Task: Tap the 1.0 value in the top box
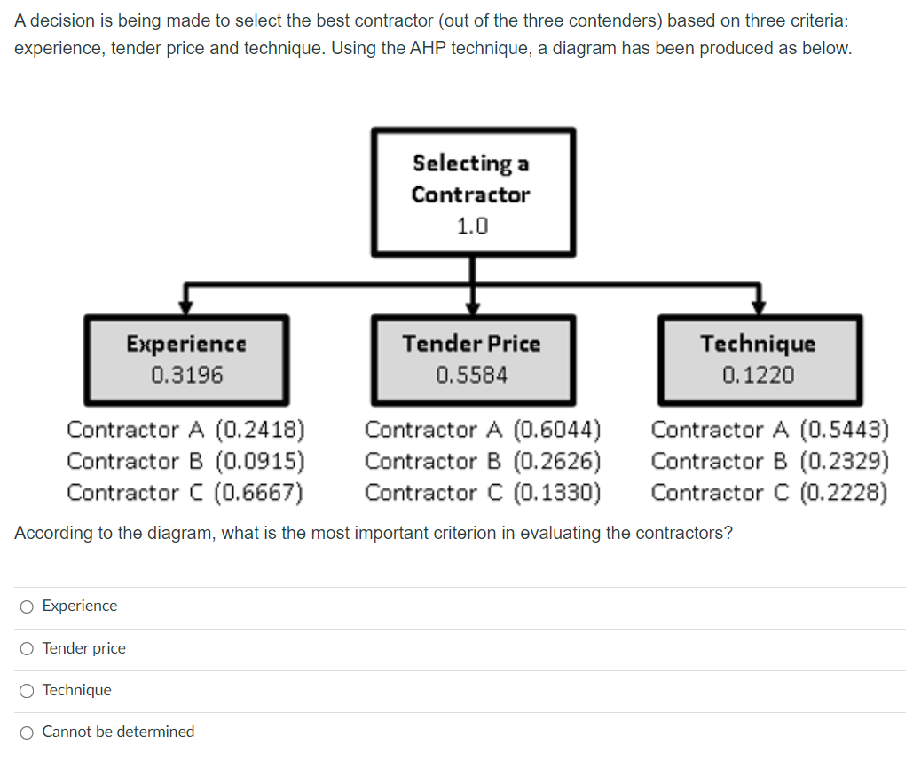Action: pyautogui.click(x=472, y=226)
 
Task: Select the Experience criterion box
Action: pyautogui.click(x=186, y=358)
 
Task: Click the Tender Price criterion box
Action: pyautogui.click(x=472, y=358)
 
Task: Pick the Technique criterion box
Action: pyautogui.click(x=759, y=358)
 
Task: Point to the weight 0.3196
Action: pyautogui.click(x=186, y=375)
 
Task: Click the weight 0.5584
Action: pyautogui.click(x=472, y=375)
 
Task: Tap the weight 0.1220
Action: pyautogui.click(x=759, y=375)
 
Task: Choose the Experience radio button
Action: pyautogui.click(x=28, y=606)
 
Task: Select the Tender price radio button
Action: pyautogui.click(x=28, y=649)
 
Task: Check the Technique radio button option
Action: pyautogui.click(x=28, y=691)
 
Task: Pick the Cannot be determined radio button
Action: pyautogui.click(x=28, y=733)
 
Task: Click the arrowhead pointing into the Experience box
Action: pyautogui.click(x=186, y=306)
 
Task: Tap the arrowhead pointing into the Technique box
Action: pyautogui.click(x=759, y=306)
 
